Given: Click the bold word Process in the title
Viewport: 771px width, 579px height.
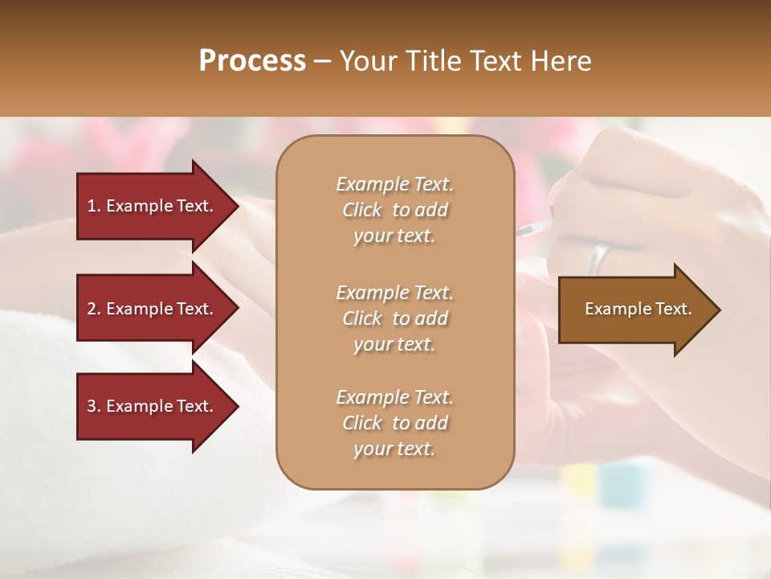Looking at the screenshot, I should (x=252, y=61).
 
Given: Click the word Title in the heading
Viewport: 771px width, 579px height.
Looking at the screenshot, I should (x=434, y=61).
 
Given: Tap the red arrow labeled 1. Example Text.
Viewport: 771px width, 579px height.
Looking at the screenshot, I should (x=153, y=206).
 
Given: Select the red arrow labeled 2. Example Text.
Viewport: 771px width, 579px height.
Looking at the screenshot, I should (x=153, y=309).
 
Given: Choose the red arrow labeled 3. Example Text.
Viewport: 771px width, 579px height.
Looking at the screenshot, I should (x=153, y=406).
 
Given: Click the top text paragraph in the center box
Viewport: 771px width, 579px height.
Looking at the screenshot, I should (x=394, y=210).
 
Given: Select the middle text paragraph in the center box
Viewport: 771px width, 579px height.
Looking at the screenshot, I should (x=394, y=318).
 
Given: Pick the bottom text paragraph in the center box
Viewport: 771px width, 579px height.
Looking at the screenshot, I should (x=394, y=423).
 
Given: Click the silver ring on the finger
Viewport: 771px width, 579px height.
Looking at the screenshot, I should (x=598, y=258).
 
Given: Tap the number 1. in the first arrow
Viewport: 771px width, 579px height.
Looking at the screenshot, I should (x=93, y=206).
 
